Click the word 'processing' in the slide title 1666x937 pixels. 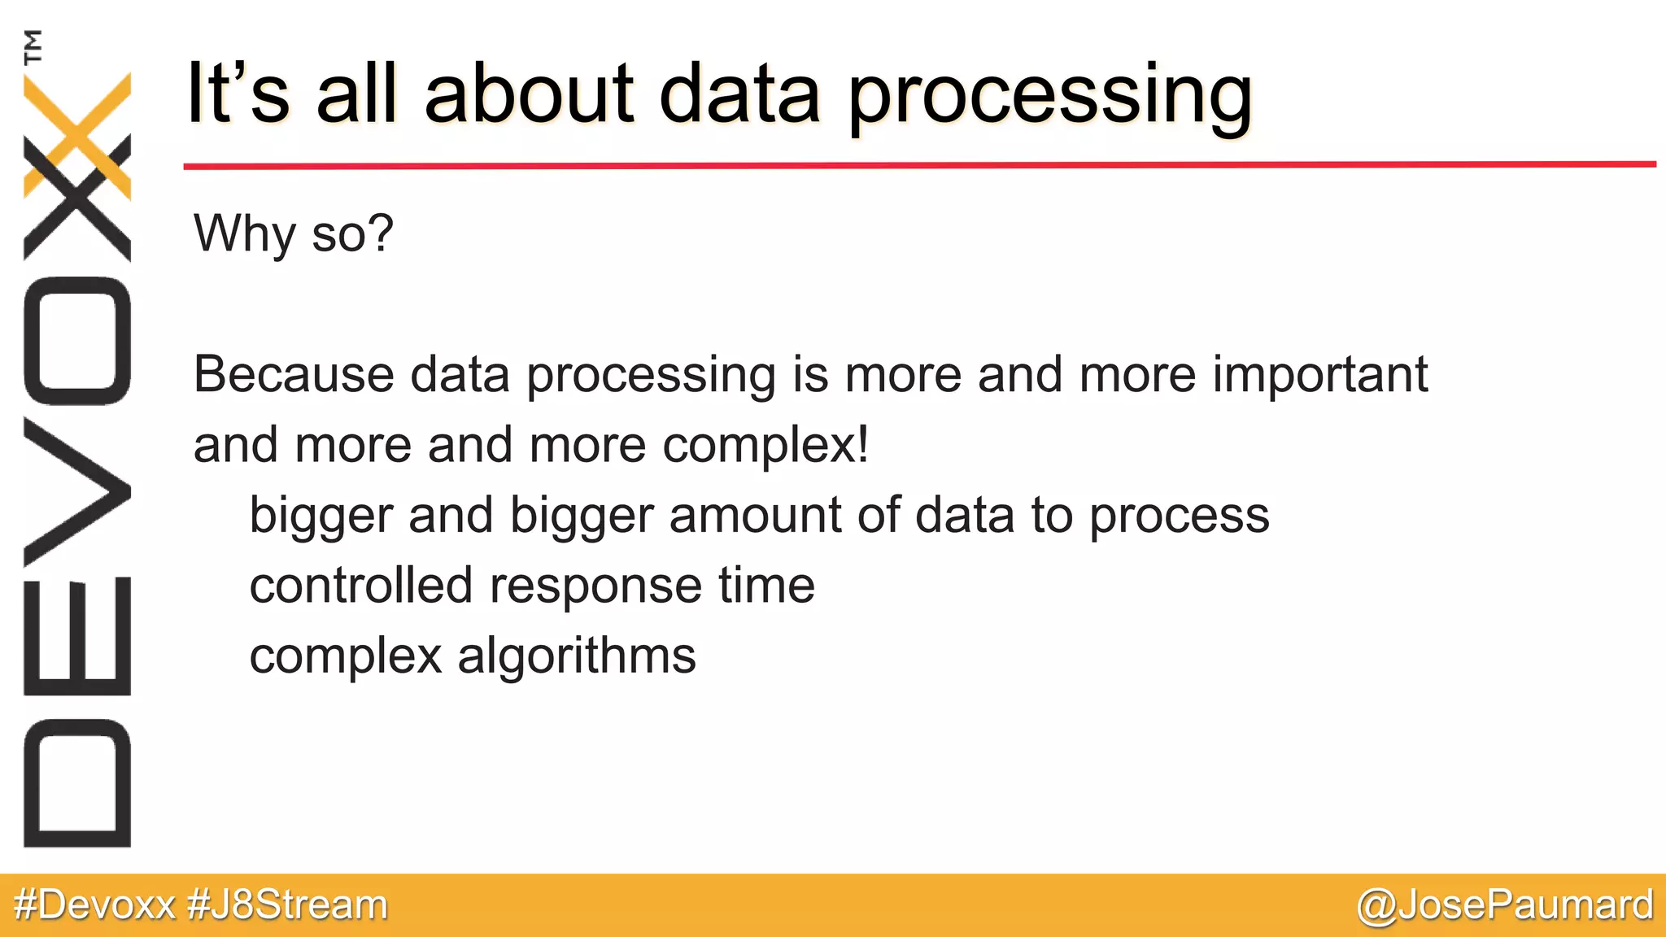click(1049, 96)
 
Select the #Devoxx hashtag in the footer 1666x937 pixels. click(95, 905)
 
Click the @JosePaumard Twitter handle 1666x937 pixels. click(1505, 905)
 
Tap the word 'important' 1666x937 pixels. click(1319, 376)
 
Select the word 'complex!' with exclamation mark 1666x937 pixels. click(765, 446)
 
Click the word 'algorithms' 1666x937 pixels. click(576, 656)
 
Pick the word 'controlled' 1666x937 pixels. click(360, 586)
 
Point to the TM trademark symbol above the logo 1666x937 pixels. click(33, 46)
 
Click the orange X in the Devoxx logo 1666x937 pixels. click(77, 122)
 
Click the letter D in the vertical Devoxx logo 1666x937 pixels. click(77, 782)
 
